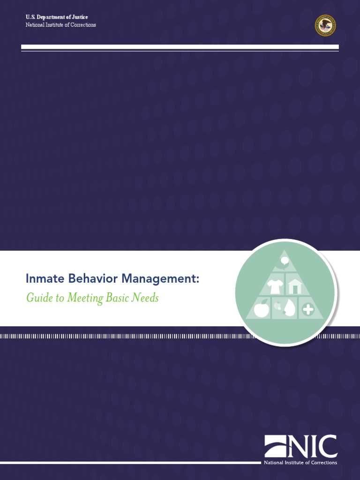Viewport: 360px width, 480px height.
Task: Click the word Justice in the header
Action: (x=78, y=17)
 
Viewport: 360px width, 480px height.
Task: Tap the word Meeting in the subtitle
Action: (x=84, y=298)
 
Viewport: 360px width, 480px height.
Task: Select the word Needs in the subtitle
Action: (x=148, y=298)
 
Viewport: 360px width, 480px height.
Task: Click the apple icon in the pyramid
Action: (x=261, y=308)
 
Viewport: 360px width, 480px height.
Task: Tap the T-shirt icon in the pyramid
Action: (x=274, y=285)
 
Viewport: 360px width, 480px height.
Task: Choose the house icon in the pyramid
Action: (x=294, y=286)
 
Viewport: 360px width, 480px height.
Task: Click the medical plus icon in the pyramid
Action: (x=308, y=309)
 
